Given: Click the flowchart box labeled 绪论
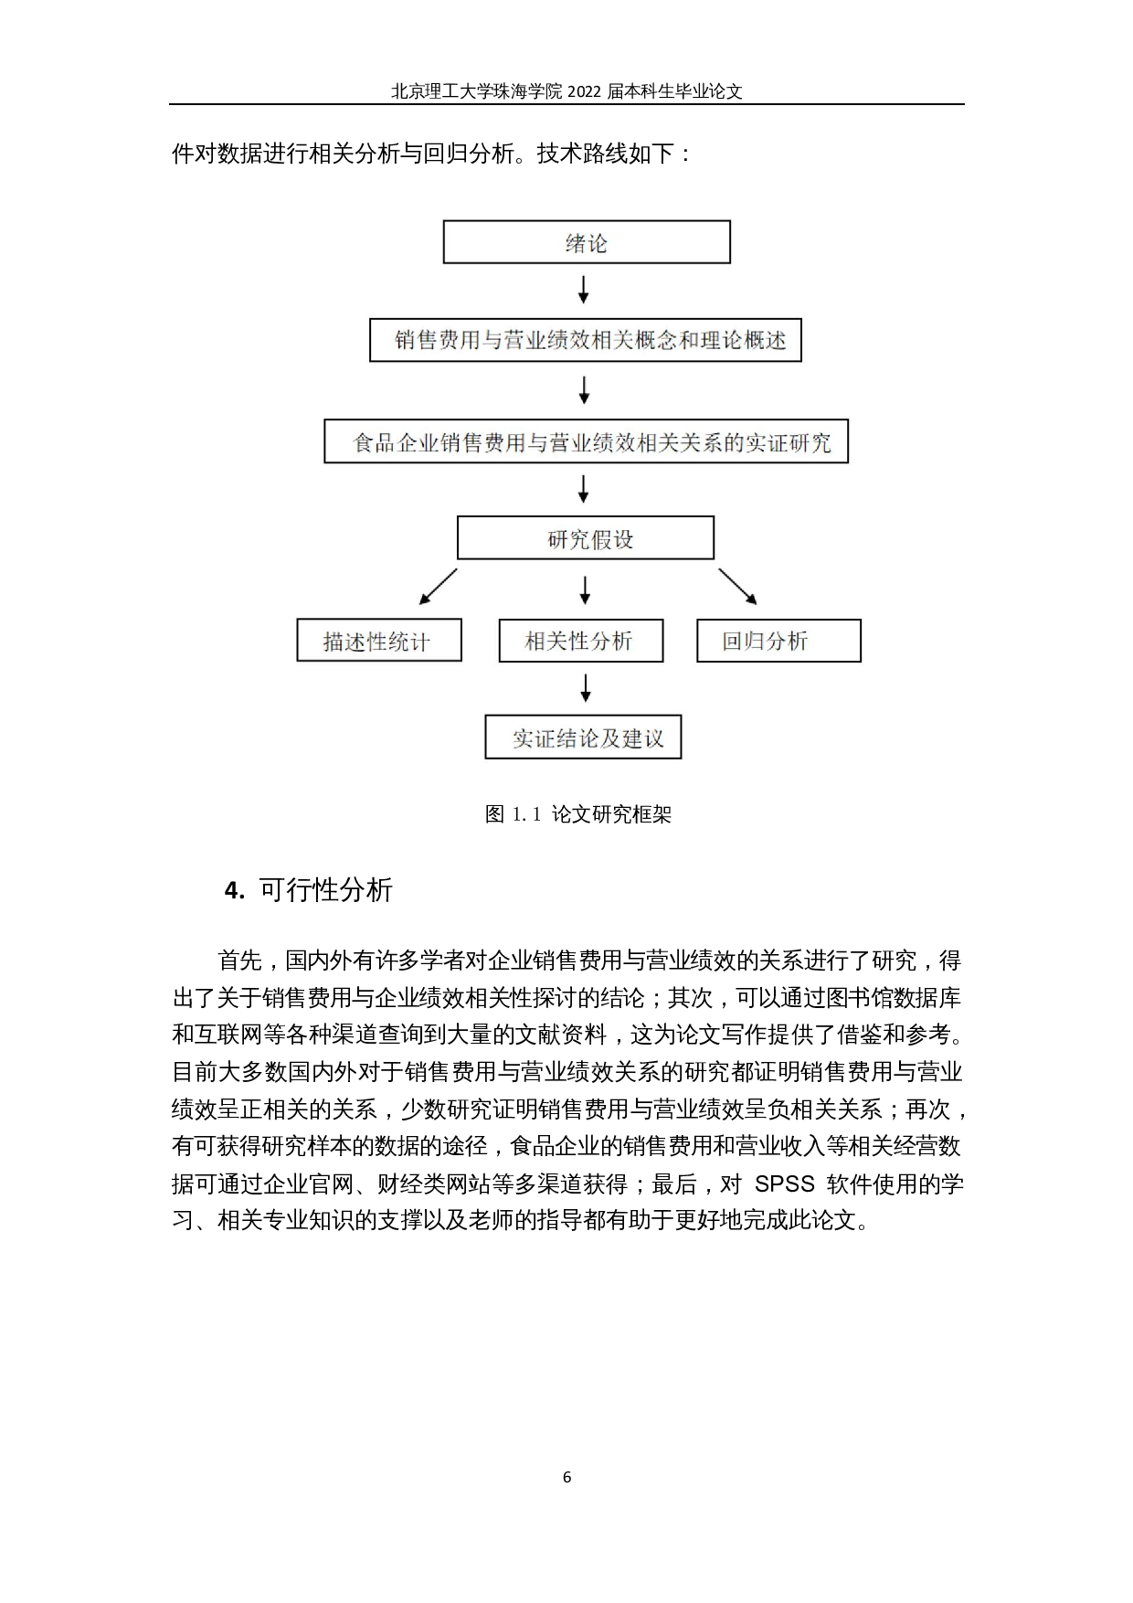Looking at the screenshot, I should tap(587, 242).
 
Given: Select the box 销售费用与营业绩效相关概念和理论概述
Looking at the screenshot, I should tap(585, 340).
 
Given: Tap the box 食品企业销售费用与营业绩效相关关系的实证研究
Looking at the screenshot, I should tap(586, 442).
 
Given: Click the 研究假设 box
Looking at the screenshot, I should tap(585, 538).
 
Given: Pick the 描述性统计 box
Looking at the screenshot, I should tap(378, 641).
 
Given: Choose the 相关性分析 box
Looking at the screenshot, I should tap(580, 641).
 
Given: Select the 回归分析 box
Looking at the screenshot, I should tap(778, 641).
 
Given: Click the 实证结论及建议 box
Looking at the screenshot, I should tap(583, 738).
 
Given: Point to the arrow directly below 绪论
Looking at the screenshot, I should tap(584, 290).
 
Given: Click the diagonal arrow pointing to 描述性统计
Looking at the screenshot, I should tap(438, 586).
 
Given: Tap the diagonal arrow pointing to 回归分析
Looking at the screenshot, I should tap(737, 586).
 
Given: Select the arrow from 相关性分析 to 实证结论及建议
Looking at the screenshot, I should tap(586, 687).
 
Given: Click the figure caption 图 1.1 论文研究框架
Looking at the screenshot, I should tap(577, 813).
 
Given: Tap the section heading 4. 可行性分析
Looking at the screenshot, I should tap(309, 889).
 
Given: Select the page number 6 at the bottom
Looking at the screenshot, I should tap(566, 1477).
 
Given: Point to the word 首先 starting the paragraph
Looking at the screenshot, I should tap(239, 961).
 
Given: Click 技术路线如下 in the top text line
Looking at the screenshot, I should tap(604, 154).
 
